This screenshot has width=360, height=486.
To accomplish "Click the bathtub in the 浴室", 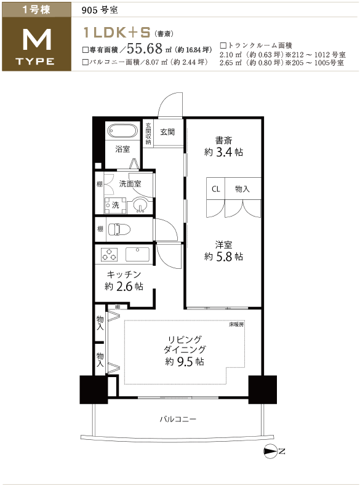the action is click(122, 132).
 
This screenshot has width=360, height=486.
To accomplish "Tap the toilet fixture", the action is click(119, 229).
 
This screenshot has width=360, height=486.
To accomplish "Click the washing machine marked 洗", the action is click(115, 205).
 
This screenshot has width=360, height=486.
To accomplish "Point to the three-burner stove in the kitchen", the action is click(110, 255).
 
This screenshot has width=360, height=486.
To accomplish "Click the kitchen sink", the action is click(137, 254).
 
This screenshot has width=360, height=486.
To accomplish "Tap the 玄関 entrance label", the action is click(167, 132).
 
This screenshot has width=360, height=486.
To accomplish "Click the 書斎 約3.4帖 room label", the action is click(223, 146).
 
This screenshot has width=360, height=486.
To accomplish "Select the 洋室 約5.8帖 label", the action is click(223, 251).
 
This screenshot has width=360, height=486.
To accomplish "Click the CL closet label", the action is click(215, 189).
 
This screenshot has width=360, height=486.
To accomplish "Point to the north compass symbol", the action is click(274, 452).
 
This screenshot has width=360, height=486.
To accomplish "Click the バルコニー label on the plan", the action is click(178, 420).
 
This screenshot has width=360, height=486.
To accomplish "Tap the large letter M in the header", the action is click(37, 39).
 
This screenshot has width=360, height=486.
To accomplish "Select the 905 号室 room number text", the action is click(100, 10).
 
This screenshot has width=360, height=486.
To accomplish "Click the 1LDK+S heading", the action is click(116, 32).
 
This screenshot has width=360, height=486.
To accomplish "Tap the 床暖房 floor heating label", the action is click(236, 325).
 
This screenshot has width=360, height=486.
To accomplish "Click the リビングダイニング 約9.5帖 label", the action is click(185, 350).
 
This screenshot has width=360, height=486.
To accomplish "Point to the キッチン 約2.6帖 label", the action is click(124, 281).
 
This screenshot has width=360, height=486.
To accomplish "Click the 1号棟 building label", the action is click(36, 10).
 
